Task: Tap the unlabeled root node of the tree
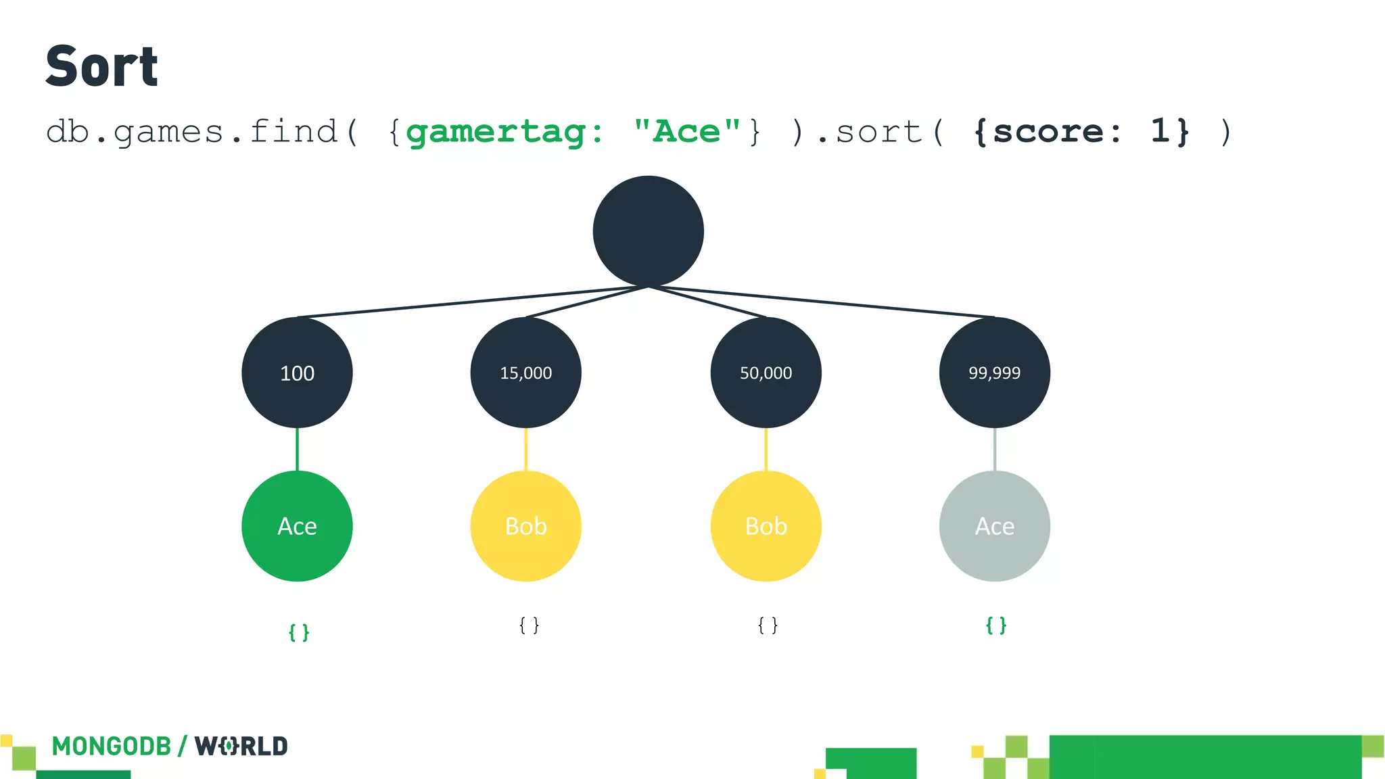(x=648, y=231)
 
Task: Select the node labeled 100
(x=297, y=373)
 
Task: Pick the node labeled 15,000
(x=525, y=373)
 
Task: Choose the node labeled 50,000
(x=766, y=373)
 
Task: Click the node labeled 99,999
(x=994, y=373)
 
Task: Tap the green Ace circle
(x=297, y=526)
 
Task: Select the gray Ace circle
(x=994, y=526)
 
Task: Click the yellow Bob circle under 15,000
(x=525, y=526)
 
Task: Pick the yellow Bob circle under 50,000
(x=766, y=526)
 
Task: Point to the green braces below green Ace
(x=299, y=632)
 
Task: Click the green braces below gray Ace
(x=996, y=625)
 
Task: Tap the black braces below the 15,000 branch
(x=529, y=625)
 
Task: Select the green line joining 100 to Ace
(x=297, y=450)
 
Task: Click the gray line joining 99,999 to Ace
(x=994, y=450)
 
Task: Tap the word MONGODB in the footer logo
(x=112, y=747)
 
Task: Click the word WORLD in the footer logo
(x=241, y=747)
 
